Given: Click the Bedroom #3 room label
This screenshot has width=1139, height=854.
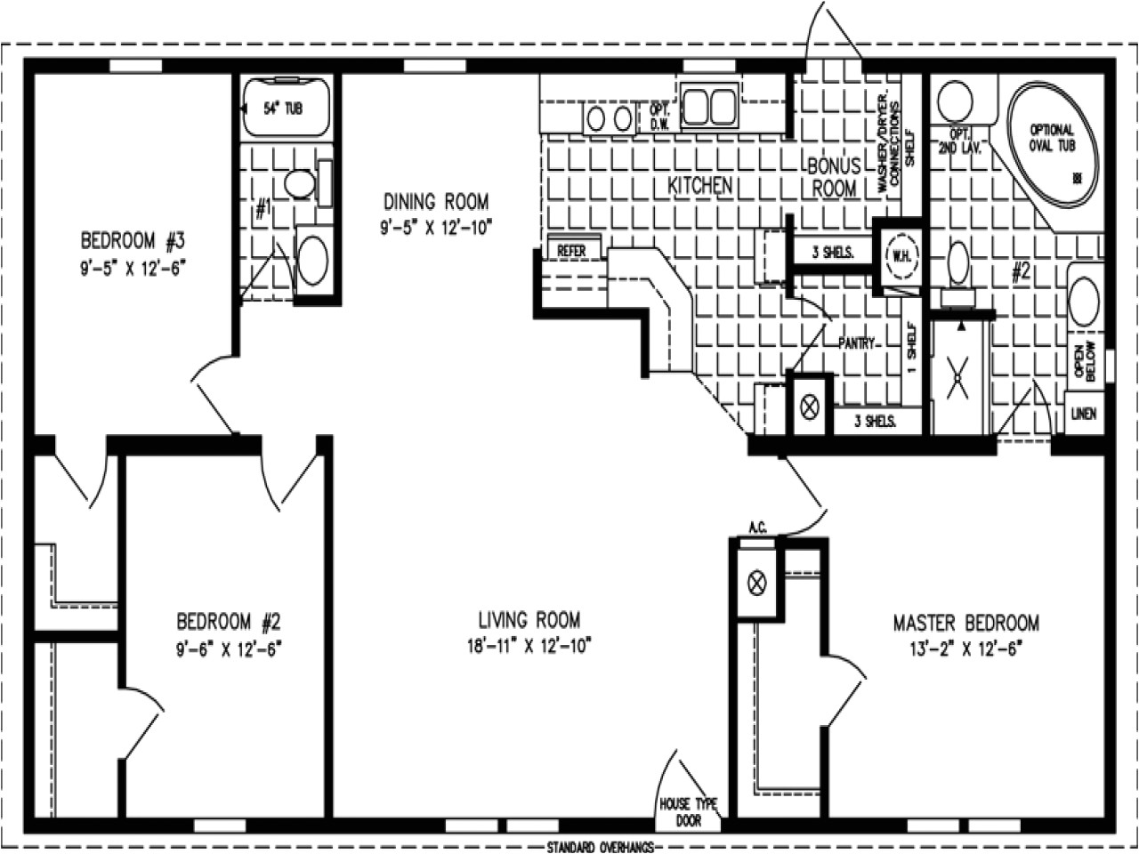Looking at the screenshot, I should tap(132, 240).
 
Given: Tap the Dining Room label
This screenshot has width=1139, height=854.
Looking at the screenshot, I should tap(435, 201).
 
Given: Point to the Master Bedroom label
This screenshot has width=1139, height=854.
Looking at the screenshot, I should tap(965, 623).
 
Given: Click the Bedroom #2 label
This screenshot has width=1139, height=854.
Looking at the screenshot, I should tap(229, 620).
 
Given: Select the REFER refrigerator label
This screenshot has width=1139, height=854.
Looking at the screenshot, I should tap(571, 252).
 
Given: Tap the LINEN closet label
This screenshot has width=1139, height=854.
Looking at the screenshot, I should tap(1084, 414).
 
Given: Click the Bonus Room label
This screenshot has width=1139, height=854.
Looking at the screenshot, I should tap(834, 176).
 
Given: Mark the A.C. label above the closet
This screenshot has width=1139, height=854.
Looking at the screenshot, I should tap(757, 528).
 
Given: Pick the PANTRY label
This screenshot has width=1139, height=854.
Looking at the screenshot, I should tap(858, 342).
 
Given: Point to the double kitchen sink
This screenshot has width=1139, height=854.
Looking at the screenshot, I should tap(709, 105).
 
